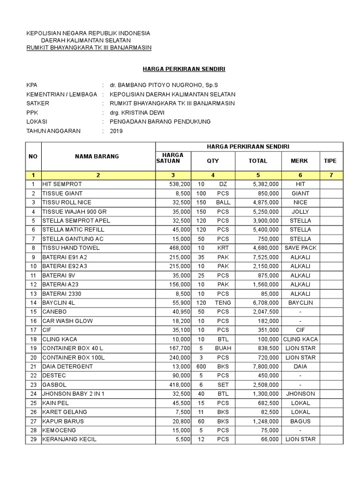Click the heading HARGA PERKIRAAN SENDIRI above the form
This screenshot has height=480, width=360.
tap(184, 69)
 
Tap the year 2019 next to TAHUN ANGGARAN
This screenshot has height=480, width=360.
tap(116, 131)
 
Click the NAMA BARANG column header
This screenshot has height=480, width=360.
tap(97, 157)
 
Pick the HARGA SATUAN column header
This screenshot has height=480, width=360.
tap(173, 158)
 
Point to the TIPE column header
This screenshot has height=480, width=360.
tap(330, 161)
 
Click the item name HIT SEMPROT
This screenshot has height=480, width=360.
tap(62, 184)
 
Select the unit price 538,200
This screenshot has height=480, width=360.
tap(180, 184)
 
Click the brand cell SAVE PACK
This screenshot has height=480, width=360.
tap(300, 248)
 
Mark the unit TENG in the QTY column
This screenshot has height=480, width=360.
tap(223, 303)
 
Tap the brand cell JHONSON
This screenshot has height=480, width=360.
tap(300, 394)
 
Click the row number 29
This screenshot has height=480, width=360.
tap(33, 439)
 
